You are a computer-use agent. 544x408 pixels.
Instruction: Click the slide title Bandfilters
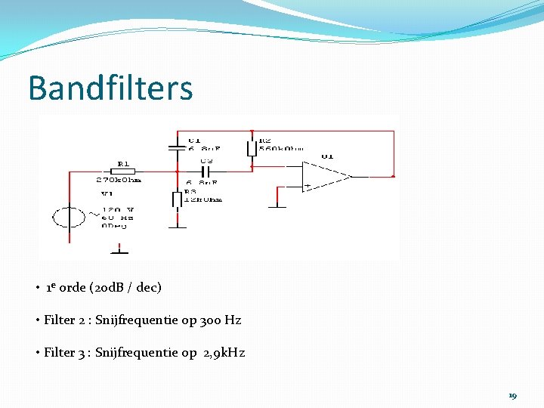pos(110,88)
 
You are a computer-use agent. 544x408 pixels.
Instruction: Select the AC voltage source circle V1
pos(69,218)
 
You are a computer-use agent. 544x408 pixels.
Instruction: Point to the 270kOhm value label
pos(119,181)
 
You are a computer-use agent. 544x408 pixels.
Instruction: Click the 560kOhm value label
pos(281,149)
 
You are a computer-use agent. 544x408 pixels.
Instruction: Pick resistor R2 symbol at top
pos(252,146)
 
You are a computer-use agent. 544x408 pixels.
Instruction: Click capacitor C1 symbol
pos(176,143)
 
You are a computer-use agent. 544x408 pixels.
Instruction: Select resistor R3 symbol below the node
pos(177,199)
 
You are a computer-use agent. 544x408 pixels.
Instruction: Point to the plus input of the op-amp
pos(308,185)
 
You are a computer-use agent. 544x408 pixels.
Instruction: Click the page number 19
pos(512,395)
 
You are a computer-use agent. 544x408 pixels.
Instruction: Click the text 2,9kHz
pos(224,353)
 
